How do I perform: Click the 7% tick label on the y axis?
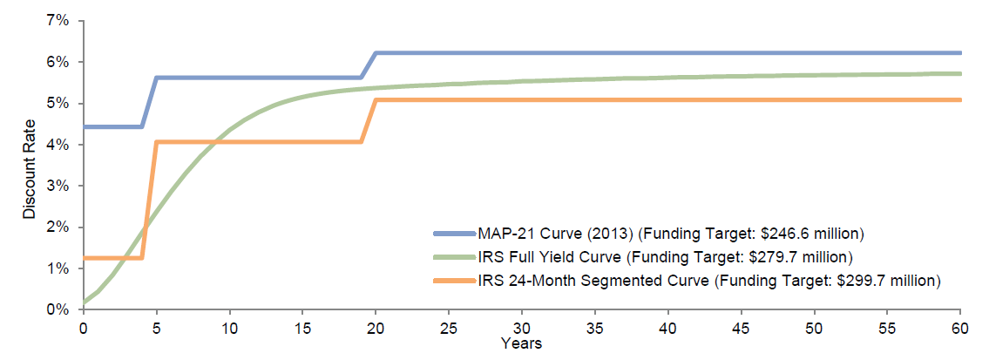tap(58, 20)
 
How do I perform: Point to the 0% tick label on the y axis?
tap(58, 309)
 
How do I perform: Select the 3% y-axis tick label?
tap(58, 186)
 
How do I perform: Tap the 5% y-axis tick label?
tap(58, 103)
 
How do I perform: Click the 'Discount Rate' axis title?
tap(28, 166)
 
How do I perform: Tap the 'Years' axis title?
tap(521, 343)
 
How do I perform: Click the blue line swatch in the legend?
tap(454, 234)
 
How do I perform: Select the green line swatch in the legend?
tap(454, 257)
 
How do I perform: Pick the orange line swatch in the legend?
tap(454, 281)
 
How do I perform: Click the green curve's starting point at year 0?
tap(84, 302)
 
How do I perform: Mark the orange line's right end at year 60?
tap(959, 100)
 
